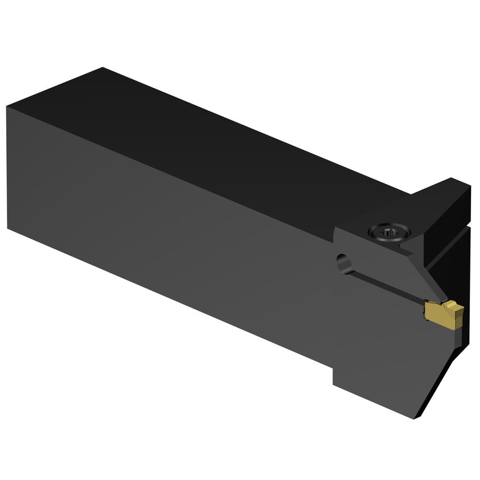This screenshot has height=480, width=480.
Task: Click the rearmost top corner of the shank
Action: click(102, 68)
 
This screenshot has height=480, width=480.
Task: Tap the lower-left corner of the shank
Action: click(8, 228)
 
